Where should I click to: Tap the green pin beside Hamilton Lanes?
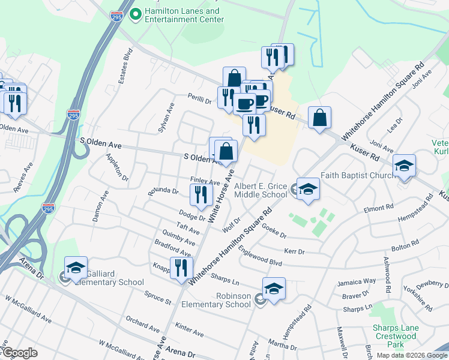pyautogui.click(x=135, y=12)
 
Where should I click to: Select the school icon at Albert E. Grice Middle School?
pyautogui.click(x=307, y=188)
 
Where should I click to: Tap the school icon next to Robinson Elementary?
pyautogui.click(x=274, y=289)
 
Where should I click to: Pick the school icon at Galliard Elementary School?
pyautogui.click(x=76, y=268)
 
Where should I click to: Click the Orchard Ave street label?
pyautogui.click(x=143, y=325)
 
